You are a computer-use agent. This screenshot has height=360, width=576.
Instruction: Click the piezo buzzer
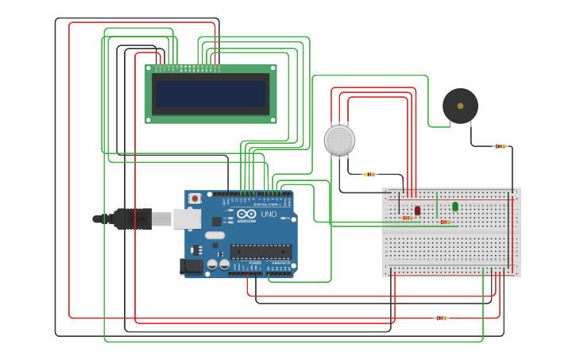click(460, 106)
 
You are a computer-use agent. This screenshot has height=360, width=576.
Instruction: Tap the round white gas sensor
click(339, 141)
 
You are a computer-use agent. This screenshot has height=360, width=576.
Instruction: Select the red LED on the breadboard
click(417, 210)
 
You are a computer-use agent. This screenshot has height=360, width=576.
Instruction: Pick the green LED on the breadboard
click(455, 207)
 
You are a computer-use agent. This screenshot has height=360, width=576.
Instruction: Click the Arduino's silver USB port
click(187, 218)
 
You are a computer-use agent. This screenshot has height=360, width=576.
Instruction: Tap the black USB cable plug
click(131, 219)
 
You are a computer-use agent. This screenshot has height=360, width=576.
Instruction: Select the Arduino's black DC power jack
click(191, 266)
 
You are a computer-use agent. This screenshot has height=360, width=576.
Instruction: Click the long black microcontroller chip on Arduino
click(261, 252)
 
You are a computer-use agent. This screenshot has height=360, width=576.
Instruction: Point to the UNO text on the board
click(269, 214)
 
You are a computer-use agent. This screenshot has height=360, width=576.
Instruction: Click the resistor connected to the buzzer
click(500, 146)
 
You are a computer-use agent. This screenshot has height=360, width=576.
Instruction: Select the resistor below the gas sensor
click(369, 174)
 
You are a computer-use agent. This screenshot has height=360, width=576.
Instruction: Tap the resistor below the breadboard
click(441, 318)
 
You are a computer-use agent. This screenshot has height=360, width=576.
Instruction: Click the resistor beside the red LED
click(407, 218)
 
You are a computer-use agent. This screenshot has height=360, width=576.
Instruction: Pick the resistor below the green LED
click(445, 222)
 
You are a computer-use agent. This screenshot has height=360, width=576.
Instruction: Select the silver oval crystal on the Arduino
click(215, 235)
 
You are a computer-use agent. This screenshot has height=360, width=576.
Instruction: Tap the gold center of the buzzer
click(460, 106)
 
